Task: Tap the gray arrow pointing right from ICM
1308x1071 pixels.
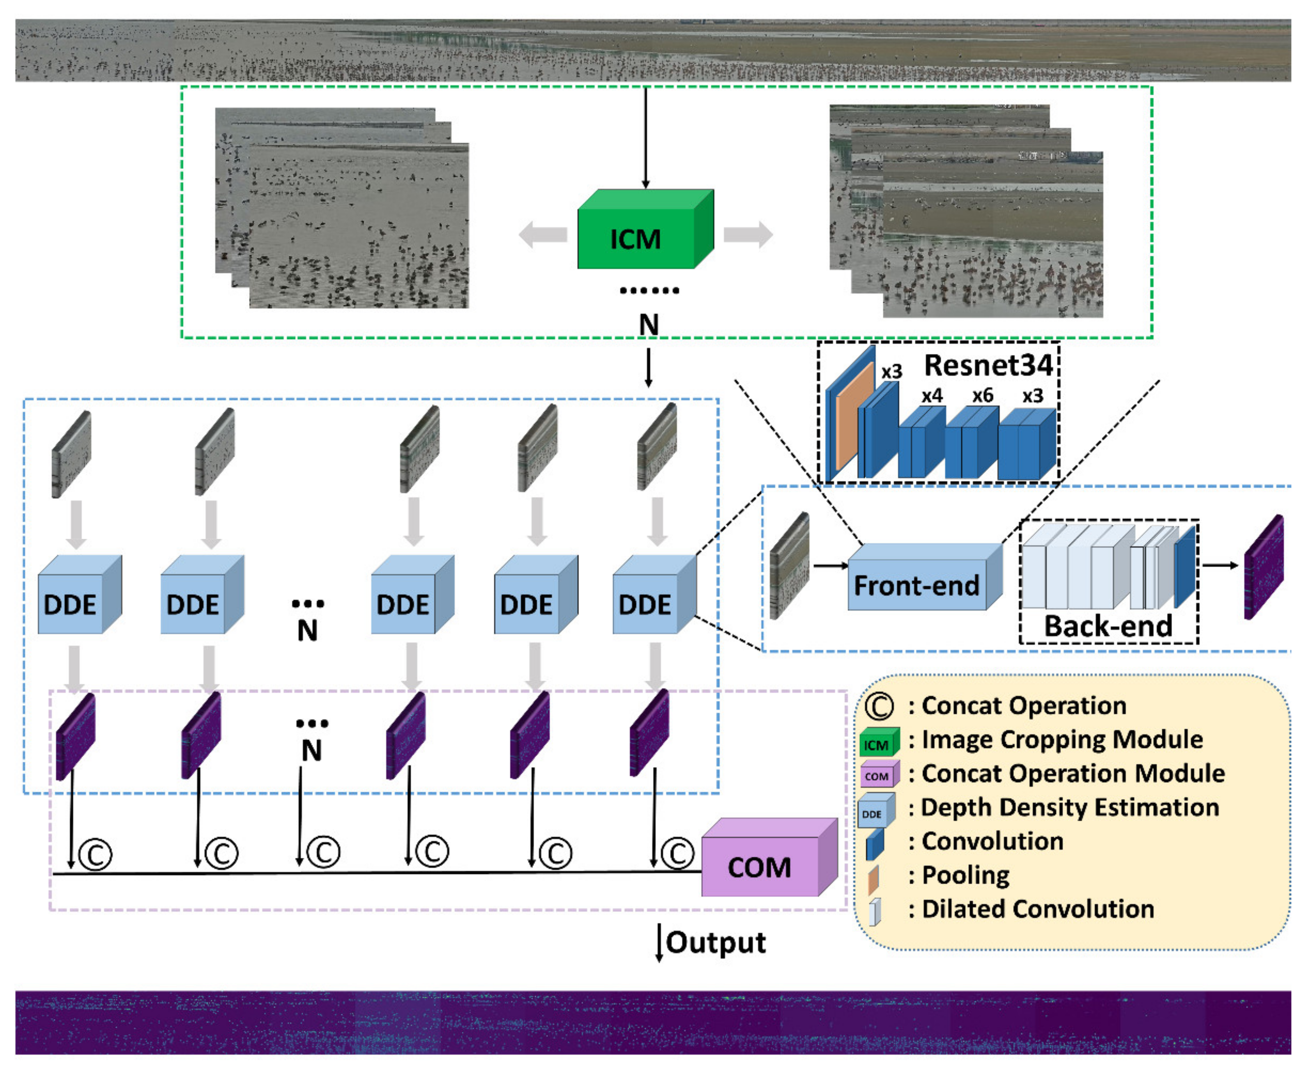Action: (x=748, y=235)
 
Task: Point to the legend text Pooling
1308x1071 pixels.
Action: (x=965, y=875)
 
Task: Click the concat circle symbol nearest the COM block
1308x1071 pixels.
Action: (x=677, y=854)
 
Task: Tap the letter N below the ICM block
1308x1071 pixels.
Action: (x=648, y=324)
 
